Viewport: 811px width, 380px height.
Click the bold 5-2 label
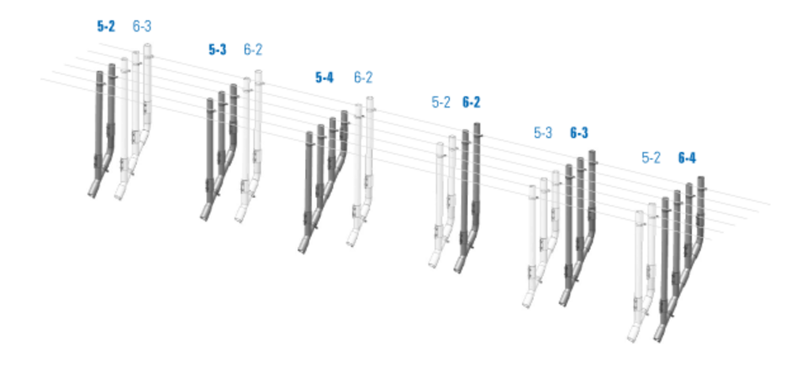pos(106,26)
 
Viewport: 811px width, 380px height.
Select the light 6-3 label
pos(142,26)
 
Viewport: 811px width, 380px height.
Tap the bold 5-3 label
pos(217,50)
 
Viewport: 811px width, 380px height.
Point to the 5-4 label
pos(324,78)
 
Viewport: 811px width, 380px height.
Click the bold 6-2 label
pos(471,102)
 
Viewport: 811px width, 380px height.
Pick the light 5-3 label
pos(543,133)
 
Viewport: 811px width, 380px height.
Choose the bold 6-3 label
pos(579,133)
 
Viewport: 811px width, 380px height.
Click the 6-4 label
pos(687,158)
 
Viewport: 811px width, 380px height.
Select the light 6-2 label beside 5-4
pos(363,78)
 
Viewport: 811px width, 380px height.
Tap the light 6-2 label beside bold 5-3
pos(253,50)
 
